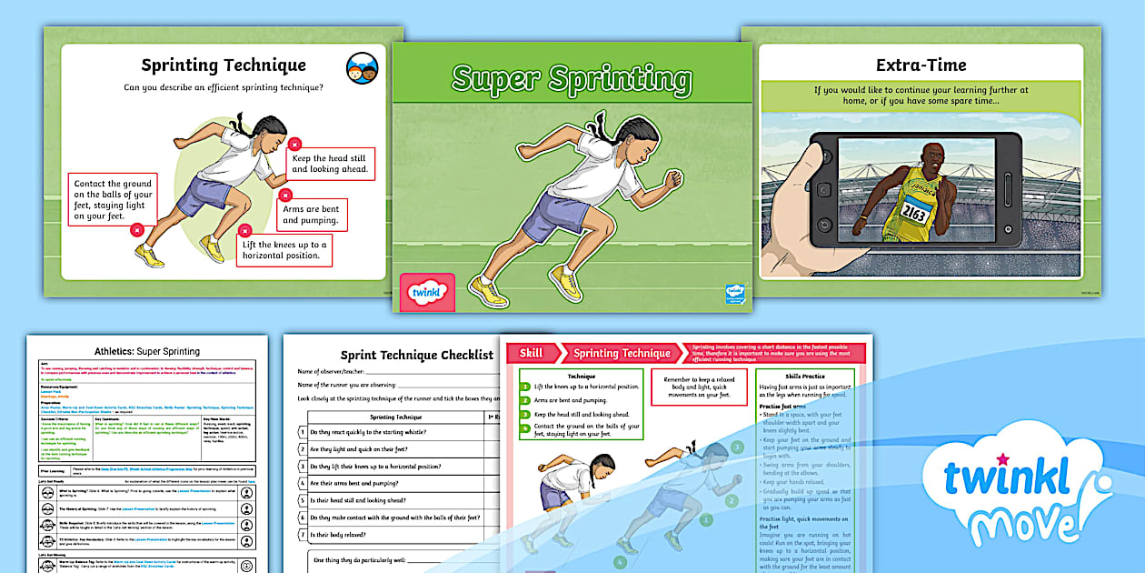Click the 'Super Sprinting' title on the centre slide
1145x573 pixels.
click(x=572, y=79)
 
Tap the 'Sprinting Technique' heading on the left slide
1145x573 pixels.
click(x=224, y=65)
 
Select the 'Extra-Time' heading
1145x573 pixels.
click(x=921, y=65)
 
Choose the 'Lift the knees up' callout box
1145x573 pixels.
click(x=284, y=250)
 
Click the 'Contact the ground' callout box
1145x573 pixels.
click(x=113, y=199)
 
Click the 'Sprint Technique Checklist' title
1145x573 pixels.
click(x=416, y=355)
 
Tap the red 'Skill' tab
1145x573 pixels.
click(x=533, y=353)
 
